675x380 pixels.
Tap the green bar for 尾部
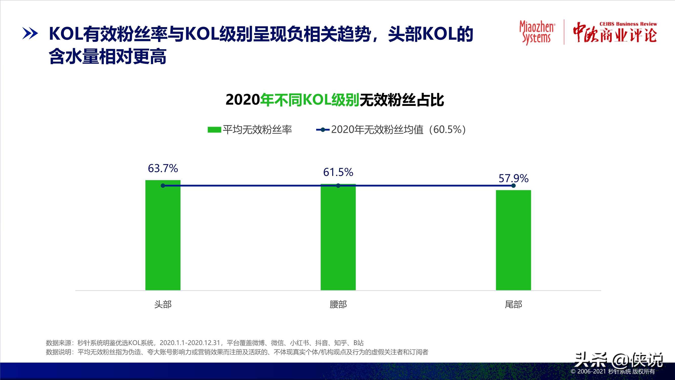513,240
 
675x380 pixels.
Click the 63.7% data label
163,168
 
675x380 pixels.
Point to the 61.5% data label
338,172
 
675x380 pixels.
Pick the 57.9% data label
513,178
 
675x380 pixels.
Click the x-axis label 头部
163,304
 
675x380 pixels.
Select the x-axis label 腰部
338,304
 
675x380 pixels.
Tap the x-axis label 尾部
513,304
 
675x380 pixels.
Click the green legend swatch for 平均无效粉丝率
214,129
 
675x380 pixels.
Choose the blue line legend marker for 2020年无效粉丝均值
323,129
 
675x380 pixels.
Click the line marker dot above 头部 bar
163,186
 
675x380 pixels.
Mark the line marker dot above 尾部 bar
513,186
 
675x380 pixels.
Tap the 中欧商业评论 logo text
614,35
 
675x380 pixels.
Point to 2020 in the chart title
243,100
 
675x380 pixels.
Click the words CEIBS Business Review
628,24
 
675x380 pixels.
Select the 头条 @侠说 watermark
618,360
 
